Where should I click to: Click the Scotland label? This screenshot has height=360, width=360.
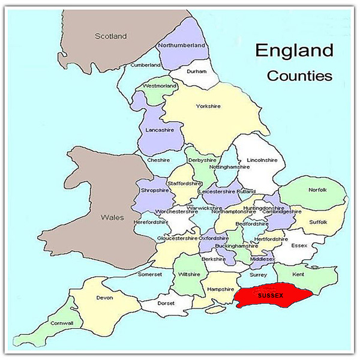point(111,37)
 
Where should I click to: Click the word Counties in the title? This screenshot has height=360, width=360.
point(299,76)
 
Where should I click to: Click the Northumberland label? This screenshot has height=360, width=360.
point(181,45)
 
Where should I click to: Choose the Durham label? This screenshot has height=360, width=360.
point(196,71)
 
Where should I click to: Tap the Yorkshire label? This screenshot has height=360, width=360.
point(208,106)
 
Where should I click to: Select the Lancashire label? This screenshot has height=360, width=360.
point(160,129)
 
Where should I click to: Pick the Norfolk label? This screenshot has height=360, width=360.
point(317,190)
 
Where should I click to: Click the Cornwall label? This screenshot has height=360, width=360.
point(62,323)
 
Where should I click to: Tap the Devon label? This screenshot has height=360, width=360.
point(104,298)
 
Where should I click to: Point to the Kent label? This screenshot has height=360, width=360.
point(298,274)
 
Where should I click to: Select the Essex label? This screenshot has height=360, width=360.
point(298,245)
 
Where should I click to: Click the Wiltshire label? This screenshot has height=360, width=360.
point(189,274)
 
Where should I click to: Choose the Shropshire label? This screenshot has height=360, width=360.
point(153,190)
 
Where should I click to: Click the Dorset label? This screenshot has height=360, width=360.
point(166,303)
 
